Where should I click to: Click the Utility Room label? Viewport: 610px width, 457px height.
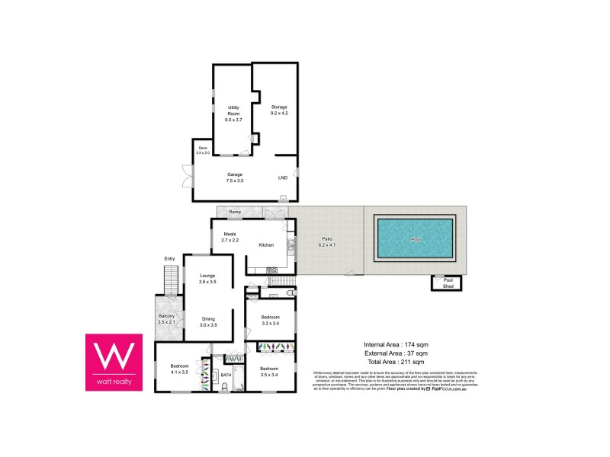coord(233,113)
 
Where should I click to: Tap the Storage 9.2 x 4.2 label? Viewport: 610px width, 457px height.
coord(279,110)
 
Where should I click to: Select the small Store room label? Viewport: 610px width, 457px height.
coord(203,150)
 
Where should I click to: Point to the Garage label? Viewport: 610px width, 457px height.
coord(235,177)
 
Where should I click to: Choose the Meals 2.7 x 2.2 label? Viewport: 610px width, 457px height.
coord(230,237)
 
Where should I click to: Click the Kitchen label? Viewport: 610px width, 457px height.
coord(266,245)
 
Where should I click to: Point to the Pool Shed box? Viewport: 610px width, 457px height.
coord(448,283)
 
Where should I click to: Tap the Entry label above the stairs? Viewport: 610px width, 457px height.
coord(169,260)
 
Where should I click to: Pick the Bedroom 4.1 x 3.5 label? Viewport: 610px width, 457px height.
coord(179,369)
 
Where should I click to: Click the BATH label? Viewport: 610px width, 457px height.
coord(226,375)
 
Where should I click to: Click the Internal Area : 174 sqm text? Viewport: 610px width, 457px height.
coord(396,345)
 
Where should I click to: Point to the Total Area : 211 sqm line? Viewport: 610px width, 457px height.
coord(396,362)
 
